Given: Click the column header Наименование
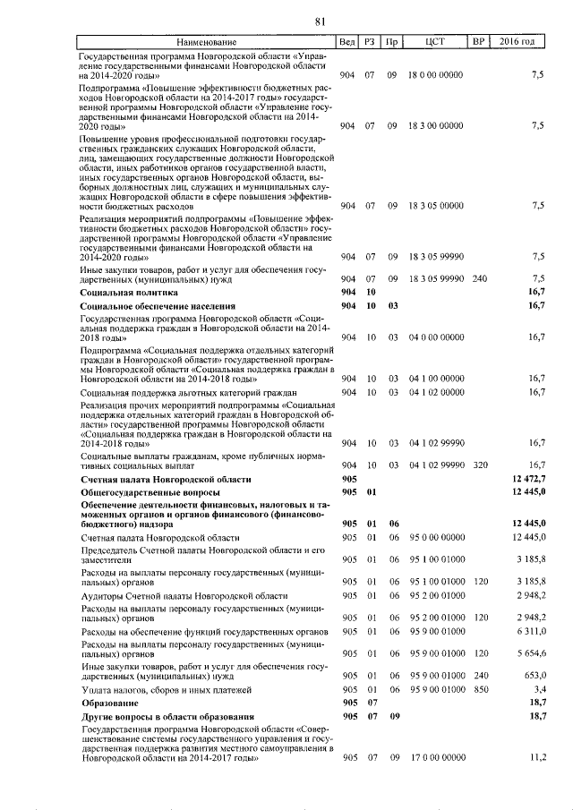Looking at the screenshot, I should tap(207, 42).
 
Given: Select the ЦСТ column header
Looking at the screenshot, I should tap(437, 42).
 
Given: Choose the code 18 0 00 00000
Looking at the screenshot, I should tap(436, 75).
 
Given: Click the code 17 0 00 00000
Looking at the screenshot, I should tap(436, 757).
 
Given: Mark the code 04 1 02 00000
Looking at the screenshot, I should tap(436, 392).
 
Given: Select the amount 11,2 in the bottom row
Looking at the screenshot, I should tap(537, 757).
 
